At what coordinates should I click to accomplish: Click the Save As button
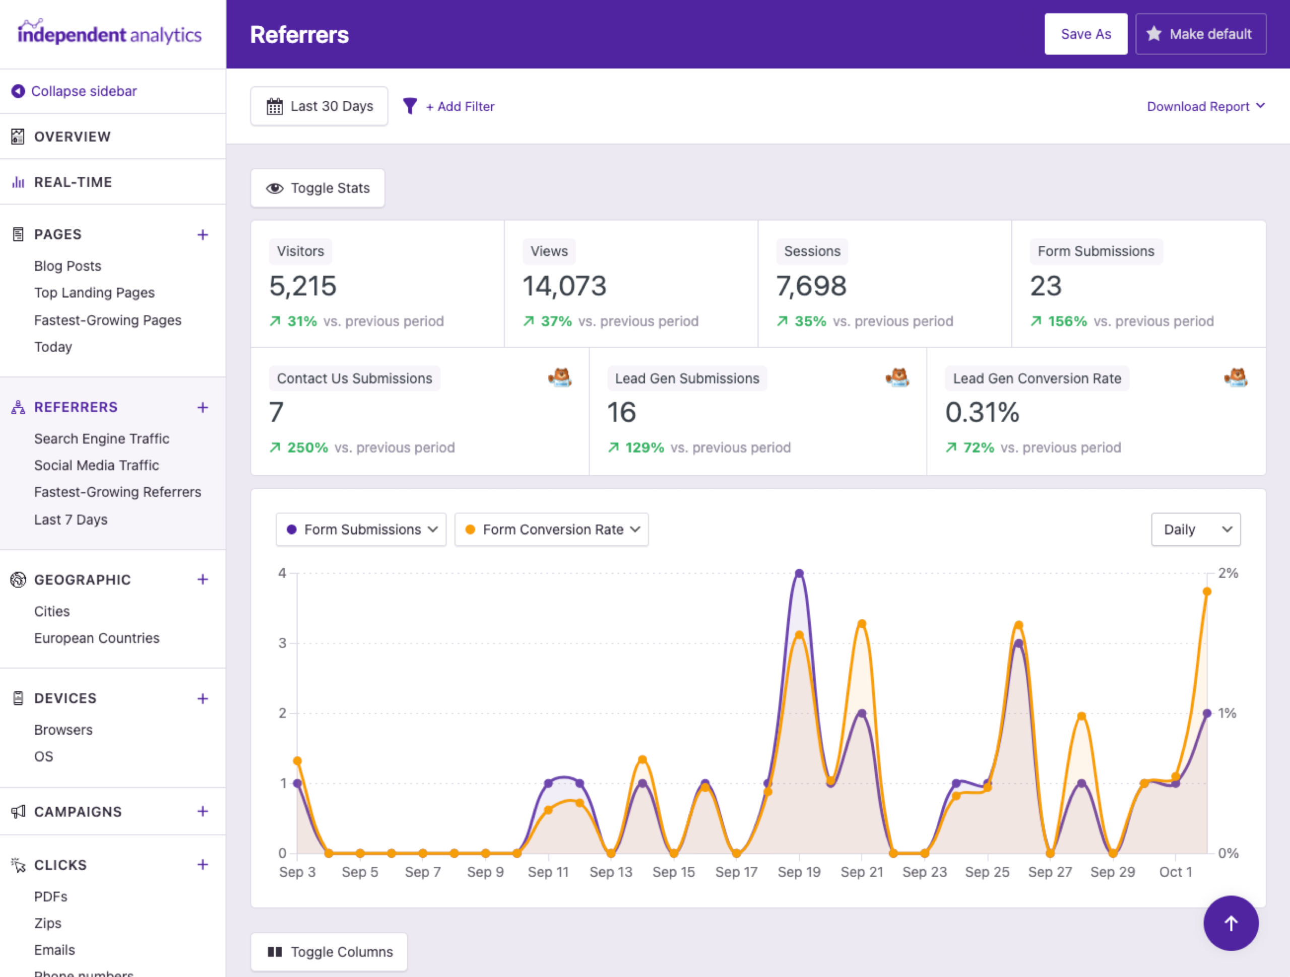pos(1085,34)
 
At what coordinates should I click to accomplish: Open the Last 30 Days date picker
pos(319,106)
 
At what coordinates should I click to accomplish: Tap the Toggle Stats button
pos(318,188)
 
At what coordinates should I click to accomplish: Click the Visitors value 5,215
pos(303,286)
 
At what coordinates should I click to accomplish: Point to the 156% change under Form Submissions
pos(1067,321)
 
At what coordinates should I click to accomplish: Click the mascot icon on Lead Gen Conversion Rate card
pos(1235,377)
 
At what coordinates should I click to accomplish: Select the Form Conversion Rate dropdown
pos(551,529)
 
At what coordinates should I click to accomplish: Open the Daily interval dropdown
pos(1196,529)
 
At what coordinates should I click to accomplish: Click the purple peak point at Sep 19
pos(799,573)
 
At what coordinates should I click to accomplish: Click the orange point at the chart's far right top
pos(1207,592)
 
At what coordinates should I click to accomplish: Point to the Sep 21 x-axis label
pos(861,872)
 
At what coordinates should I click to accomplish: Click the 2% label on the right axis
pos(1228,573)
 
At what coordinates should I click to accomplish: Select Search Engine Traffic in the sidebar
pos(101,439)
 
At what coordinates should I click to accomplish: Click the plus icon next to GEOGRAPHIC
pos(203,579)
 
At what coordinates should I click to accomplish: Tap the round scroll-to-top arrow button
pos(1231,923)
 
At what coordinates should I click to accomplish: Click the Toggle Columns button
pos(330,951)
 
